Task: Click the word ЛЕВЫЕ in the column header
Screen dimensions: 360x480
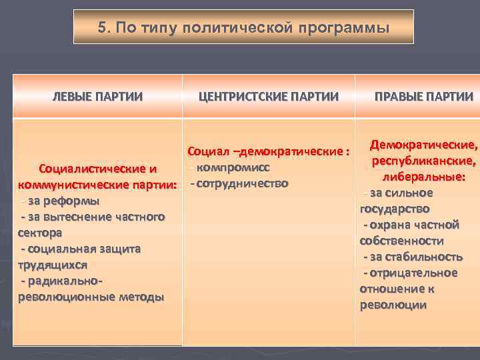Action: (72, 97)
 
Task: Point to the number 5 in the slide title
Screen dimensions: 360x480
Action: (103, 28)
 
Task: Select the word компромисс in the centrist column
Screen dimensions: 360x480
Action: (233, 167)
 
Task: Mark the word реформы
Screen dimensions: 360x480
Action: (75, 201)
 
